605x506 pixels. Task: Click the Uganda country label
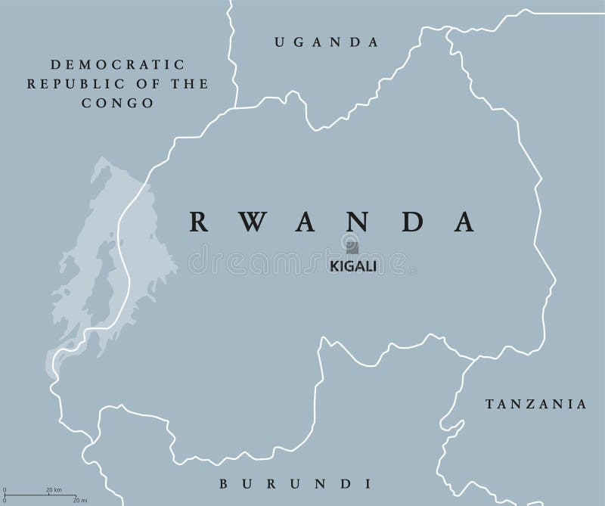326,42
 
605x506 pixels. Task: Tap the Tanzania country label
536,404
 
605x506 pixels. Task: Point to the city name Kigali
352,266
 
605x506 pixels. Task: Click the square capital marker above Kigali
352,247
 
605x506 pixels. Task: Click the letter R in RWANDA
198,220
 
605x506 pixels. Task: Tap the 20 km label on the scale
54,489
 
